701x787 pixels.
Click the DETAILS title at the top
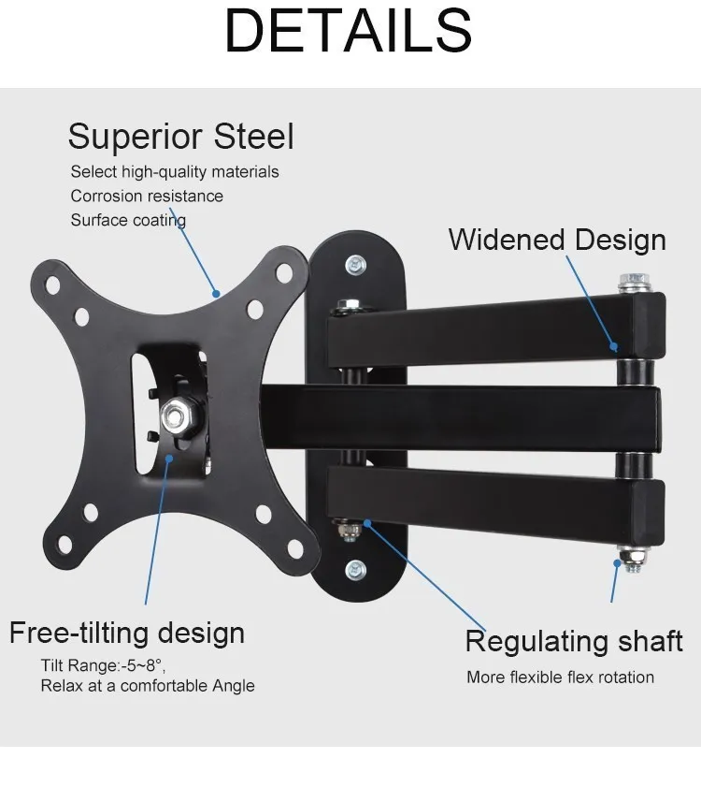tap(349, 31)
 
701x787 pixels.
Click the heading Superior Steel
tap(180, 137)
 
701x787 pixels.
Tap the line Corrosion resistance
tap(147, 196)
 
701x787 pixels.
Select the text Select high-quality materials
tap(175, 171)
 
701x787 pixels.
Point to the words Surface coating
tap(128, 220)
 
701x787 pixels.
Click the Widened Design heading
tap(557, 240)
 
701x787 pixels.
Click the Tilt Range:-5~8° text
tap(103, 665)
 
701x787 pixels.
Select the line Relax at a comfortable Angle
tap(147, 686)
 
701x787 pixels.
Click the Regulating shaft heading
tap(574, 641)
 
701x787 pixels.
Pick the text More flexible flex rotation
tap(560, 677)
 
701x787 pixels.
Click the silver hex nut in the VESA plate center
tap(177, 415)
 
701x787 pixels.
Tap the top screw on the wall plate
tap(355, 265)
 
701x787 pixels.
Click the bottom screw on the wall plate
tap(355, 569)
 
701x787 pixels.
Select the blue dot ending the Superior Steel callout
tap(216, 293)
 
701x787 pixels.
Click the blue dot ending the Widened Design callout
tap(614, 345)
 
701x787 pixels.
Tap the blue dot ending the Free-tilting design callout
tap(170, 458)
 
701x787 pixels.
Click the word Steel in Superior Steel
tap(254, 137)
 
